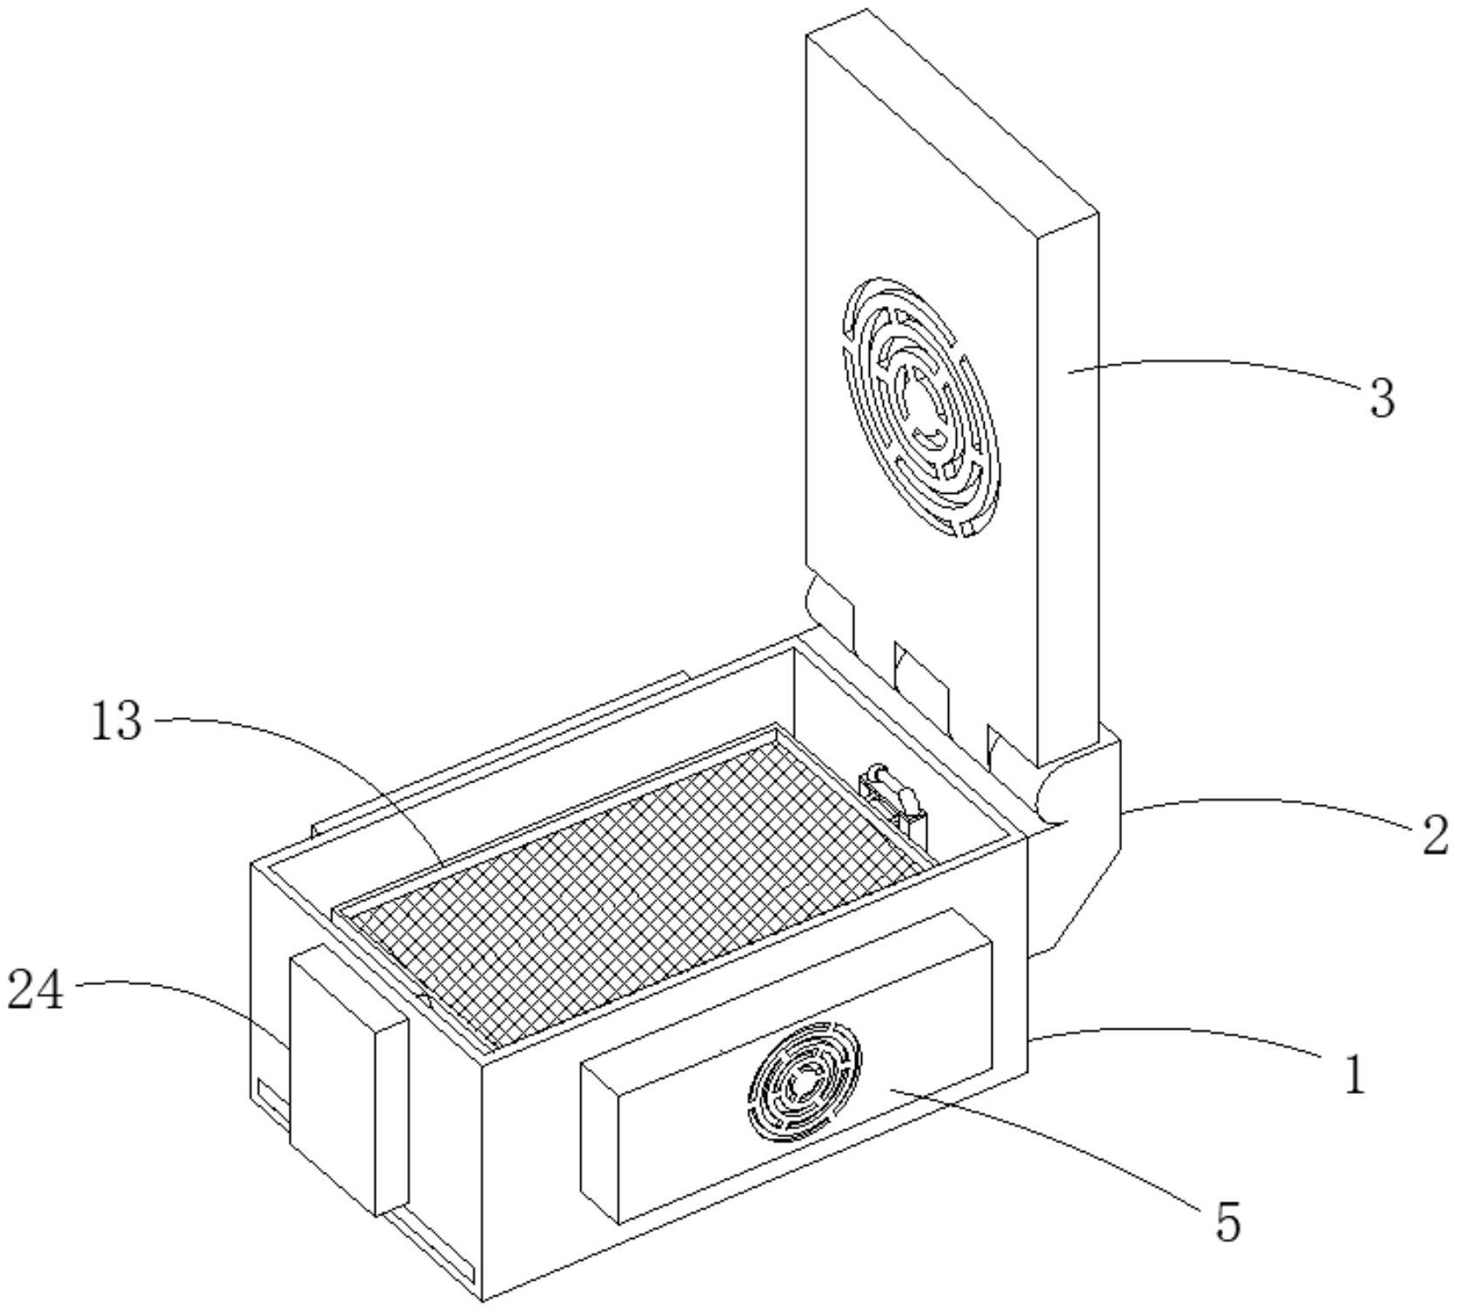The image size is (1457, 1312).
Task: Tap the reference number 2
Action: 1434,835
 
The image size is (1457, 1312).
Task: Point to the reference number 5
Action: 1227,1222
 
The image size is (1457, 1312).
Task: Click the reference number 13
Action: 117,721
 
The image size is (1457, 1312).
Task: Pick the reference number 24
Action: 36,990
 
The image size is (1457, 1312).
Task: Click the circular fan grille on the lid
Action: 919,406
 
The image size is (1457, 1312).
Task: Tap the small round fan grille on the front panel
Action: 805,1081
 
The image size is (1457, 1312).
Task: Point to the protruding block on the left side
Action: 348,1078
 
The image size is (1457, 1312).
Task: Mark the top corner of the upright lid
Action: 866,11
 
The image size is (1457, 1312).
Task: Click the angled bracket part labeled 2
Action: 1083,869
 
